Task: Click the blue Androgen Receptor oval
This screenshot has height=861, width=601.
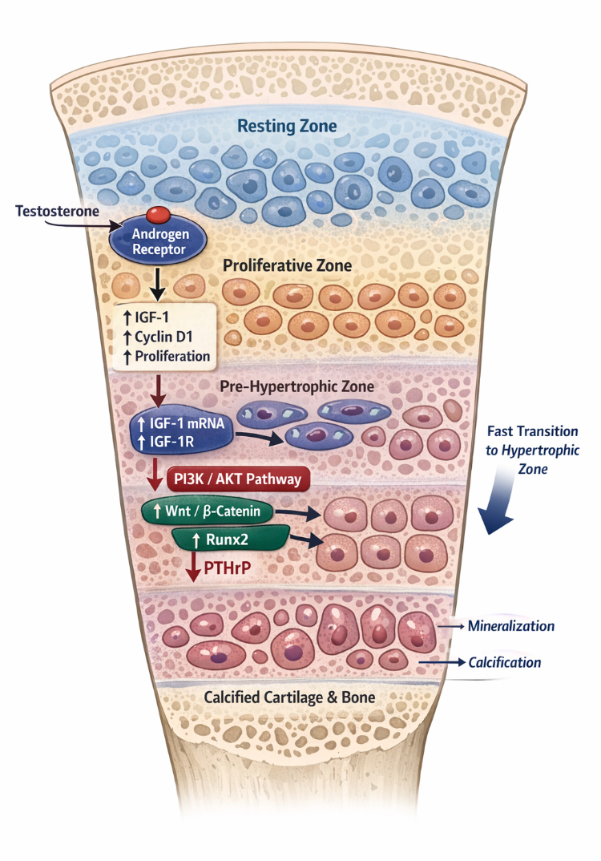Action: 157,239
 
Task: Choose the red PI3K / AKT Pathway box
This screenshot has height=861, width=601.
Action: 237,479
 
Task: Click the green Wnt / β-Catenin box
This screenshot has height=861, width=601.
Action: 204,511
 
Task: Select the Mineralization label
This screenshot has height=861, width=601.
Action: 510,625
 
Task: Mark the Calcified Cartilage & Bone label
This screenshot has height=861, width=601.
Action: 289,697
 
